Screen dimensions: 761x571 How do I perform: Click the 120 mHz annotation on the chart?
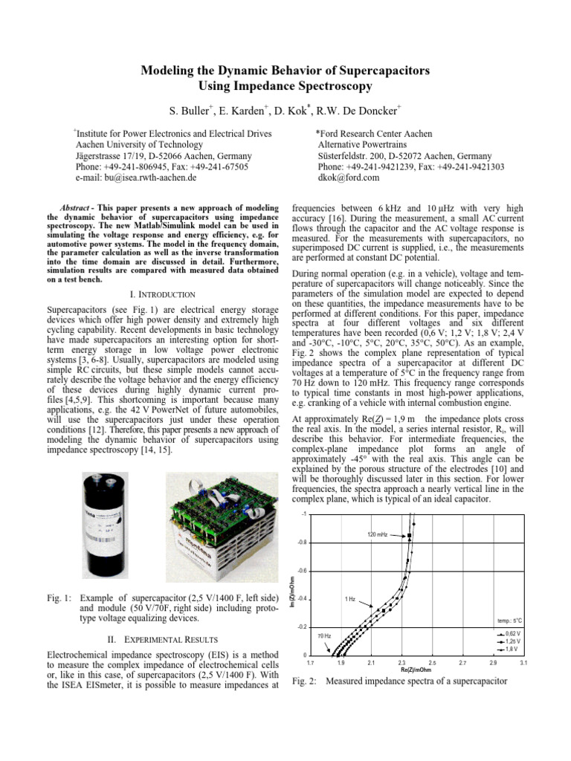pyautogui.click(x=377, y=535)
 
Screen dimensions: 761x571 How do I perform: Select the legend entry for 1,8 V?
pyautogui.click(x=512, y=649)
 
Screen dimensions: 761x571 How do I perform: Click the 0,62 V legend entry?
pyautogui.click(x=512, y=632)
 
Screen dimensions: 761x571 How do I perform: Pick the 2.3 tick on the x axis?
pyautogui.click(x=402, y=661)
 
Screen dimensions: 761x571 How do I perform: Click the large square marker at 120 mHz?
pyautogui.click(x=408, y=536)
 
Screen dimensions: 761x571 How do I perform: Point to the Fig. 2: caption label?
pyautogui.click(x=306, y=681)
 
